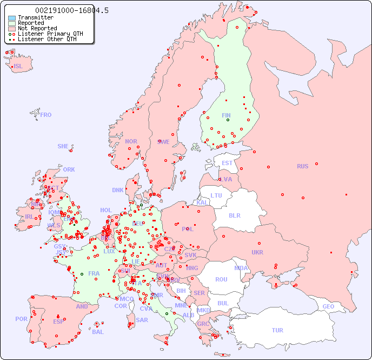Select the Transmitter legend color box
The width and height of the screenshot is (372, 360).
12,18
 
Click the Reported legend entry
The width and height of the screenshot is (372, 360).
30,23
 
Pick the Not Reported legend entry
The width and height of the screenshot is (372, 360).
37,29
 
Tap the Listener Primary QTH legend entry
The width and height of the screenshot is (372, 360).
50,34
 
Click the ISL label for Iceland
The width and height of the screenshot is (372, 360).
18,67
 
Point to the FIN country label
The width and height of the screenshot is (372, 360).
226,115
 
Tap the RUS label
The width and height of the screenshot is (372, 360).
302,166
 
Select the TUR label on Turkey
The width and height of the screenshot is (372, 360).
277,330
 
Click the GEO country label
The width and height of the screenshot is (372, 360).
328,306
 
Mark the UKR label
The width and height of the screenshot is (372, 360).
257,252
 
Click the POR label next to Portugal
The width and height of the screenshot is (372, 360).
21,319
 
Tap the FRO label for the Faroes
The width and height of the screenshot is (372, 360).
46,115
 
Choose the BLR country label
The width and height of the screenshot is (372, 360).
234,215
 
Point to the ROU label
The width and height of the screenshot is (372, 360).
221,279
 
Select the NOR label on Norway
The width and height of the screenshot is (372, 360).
131,141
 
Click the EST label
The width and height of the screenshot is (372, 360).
227,163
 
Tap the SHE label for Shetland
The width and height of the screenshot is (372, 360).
63,146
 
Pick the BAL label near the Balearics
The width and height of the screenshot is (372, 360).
97,332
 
